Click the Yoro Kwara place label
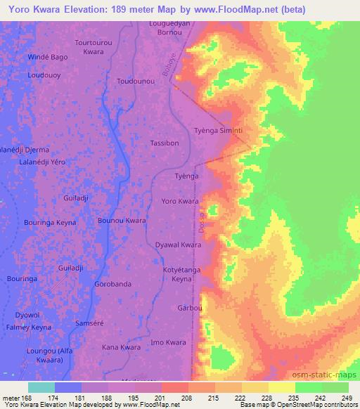pos(180,201)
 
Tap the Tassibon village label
pos(165,143)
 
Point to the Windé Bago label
pos(48,56)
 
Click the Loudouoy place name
pos(44,74)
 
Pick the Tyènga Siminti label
pos(218,131)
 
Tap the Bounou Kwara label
pos(122,221)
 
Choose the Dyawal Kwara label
pos(179,245)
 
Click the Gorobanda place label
pos(112,285)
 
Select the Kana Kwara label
pos(122,347)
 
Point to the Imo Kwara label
pos(168,342)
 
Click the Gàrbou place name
pos(190,309)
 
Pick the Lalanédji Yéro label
pos(42,162)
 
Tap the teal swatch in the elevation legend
pos(41,387)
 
